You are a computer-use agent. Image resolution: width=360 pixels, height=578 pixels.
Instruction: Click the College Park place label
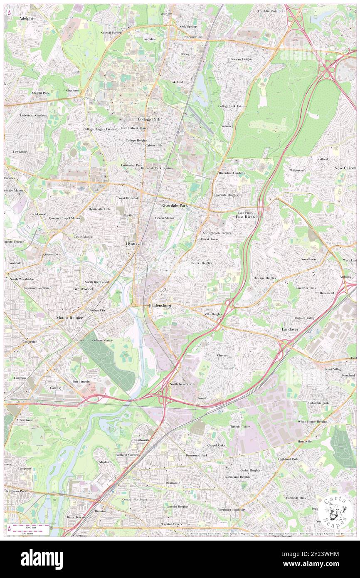[x=149, y=119]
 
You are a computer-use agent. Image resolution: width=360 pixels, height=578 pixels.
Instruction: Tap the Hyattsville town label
[x=136, y=244]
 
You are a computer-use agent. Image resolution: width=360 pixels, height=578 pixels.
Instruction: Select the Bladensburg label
[x=160, y=306]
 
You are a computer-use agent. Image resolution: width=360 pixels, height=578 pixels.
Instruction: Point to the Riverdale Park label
[x=174, y=205]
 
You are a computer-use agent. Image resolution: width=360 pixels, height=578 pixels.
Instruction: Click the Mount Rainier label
[x=69, y=318]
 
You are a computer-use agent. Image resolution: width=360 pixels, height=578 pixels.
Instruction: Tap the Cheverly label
[x=223, y=356]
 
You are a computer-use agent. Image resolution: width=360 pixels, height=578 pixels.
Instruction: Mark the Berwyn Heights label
[x=241, y=59]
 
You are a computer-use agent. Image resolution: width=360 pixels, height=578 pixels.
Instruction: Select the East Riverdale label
[x=249, y=217]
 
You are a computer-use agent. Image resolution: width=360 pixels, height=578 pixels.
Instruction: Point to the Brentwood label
[x=83, y=289]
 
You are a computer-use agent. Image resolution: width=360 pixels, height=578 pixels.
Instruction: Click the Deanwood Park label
[x=196, y=455]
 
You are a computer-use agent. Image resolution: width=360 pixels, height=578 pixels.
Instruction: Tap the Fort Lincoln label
[x=81, y=381]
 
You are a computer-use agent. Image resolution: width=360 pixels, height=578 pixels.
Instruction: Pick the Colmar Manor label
[x=102, y=340]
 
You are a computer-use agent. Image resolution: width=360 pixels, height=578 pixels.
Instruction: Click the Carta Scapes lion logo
[x=334, y=510]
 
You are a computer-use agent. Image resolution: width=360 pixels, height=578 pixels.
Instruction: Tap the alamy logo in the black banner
[x=42, y=559]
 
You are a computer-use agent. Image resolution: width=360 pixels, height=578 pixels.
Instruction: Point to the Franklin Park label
[x=267, y=11]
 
